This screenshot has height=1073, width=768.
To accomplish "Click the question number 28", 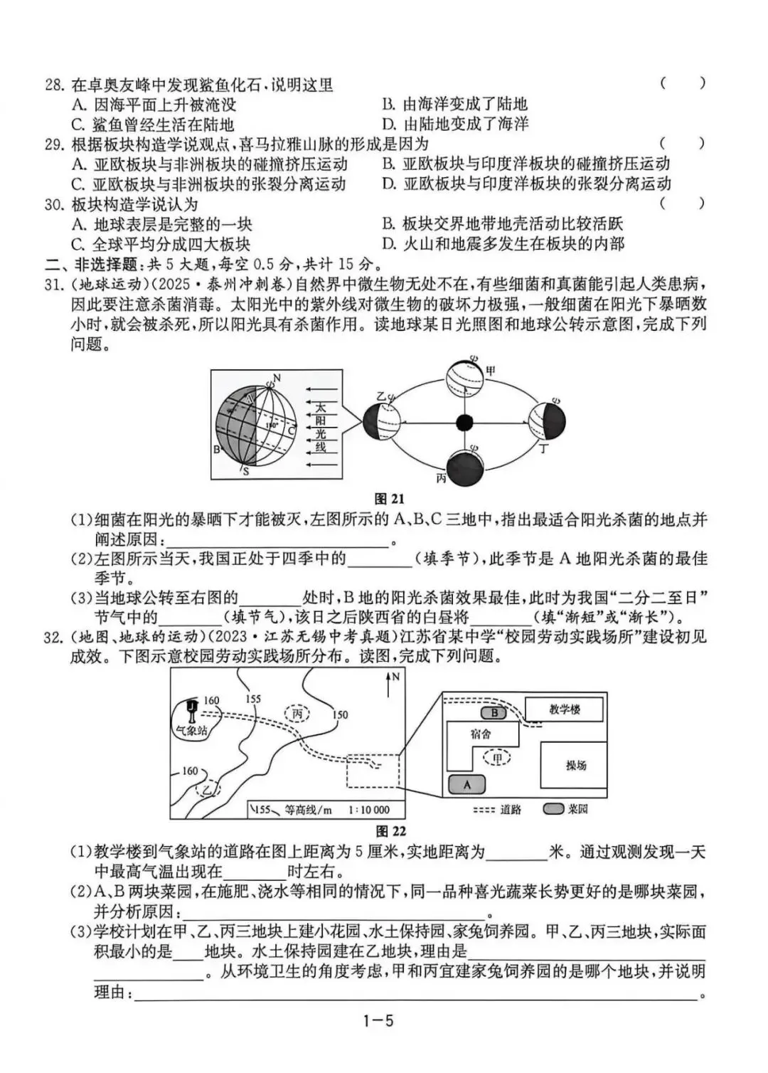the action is coord(55,85).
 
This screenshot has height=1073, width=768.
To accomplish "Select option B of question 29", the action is coord(526,164).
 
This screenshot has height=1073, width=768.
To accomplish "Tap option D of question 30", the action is coord(503,244).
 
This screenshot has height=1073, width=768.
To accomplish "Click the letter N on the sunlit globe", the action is coord(277,377).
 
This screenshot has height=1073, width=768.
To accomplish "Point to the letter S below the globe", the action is coord(246,472).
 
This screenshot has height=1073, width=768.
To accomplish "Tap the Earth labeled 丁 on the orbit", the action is coord(547,421).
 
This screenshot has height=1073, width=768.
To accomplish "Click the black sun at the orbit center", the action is coord(464,423).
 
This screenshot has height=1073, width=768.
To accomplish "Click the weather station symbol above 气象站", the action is coord(191,709).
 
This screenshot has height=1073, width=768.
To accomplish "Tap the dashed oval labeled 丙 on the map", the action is coord(297,713).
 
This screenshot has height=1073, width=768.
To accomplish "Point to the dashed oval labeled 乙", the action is coord(208,790).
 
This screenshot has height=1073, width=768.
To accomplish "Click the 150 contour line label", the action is coord(340,714).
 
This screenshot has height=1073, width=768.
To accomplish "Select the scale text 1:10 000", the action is coord(369,809).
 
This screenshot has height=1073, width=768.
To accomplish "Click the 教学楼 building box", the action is coord(564,709).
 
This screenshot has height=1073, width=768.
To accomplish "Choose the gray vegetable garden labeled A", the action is coord(466,784).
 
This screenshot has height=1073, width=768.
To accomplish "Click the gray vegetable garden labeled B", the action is coord(494,713).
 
